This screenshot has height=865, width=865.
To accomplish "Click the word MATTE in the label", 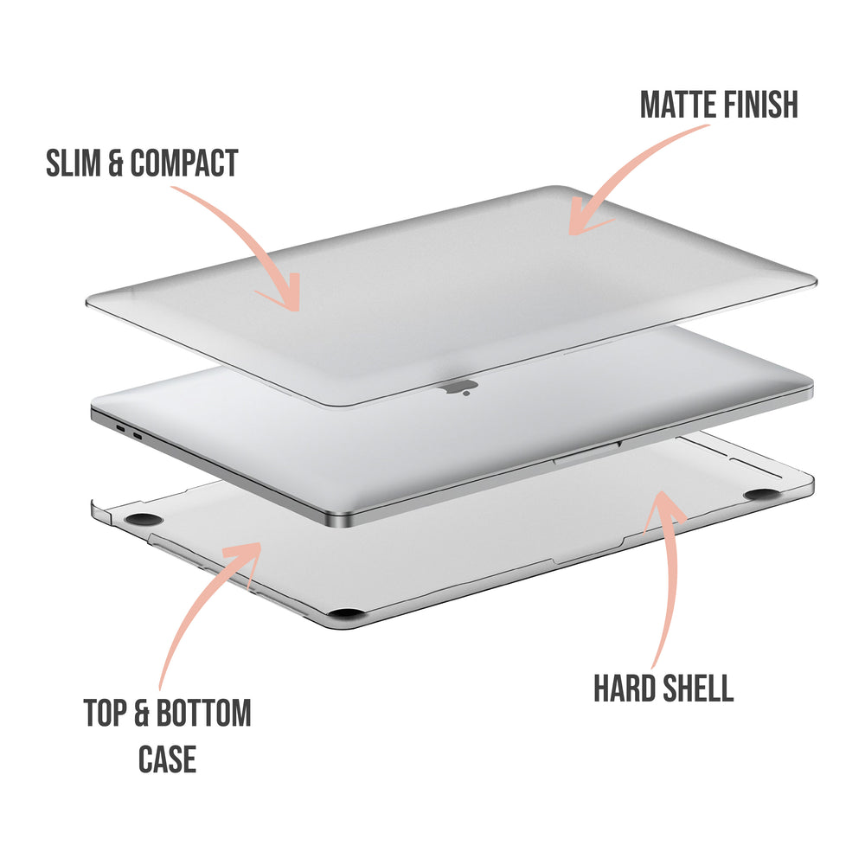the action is (x=679, y=105).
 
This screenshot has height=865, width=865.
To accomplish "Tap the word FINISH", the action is (x=761, y=105).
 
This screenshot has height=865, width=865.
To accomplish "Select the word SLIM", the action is (x=72, y=163).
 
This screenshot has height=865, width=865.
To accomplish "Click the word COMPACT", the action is (x=184, y=163).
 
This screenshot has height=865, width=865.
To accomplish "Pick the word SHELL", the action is (x=697, y=688).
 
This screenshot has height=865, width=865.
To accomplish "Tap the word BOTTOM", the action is (x=203, y=713).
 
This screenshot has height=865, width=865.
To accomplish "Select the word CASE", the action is (x=167, y=759).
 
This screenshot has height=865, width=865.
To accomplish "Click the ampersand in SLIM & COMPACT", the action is (x=115, y=163).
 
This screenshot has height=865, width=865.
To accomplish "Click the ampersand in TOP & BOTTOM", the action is (x=142, y=713).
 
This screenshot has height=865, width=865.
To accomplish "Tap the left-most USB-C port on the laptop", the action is (x=120, y=428).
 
